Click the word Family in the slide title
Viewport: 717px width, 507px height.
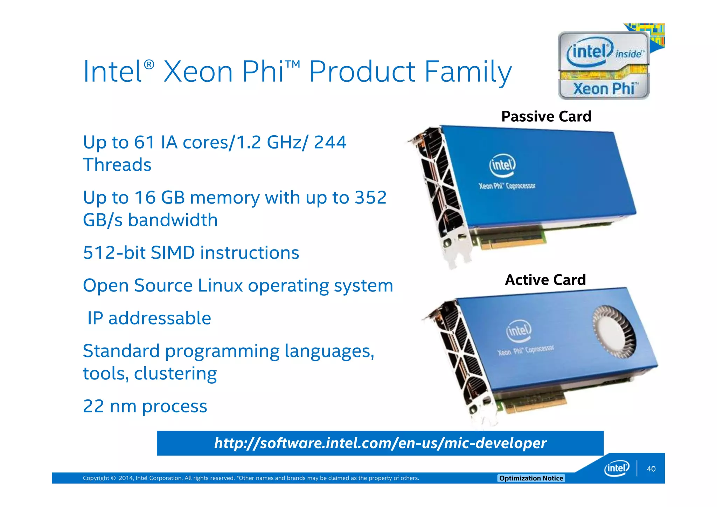point(468,72)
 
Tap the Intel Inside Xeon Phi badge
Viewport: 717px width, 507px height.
point(604,66)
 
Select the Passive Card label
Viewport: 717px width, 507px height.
point(546,116)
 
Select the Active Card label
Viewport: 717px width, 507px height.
point(545,280)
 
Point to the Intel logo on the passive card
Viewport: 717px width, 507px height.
point(502,165)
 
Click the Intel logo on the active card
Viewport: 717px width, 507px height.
point(518,330)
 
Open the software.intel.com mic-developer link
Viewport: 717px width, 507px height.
point(380,443)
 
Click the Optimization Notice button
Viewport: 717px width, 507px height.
point(531,478)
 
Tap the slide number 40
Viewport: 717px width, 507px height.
point(651,469)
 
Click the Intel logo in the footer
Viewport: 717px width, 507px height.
point(617,468)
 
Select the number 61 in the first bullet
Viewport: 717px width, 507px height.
point(144,143)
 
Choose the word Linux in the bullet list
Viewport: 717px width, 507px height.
point(220,286)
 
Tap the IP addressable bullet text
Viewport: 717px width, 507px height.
point(149,318)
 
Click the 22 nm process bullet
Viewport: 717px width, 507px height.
point(145,406)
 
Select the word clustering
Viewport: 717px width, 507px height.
point(175,374)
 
